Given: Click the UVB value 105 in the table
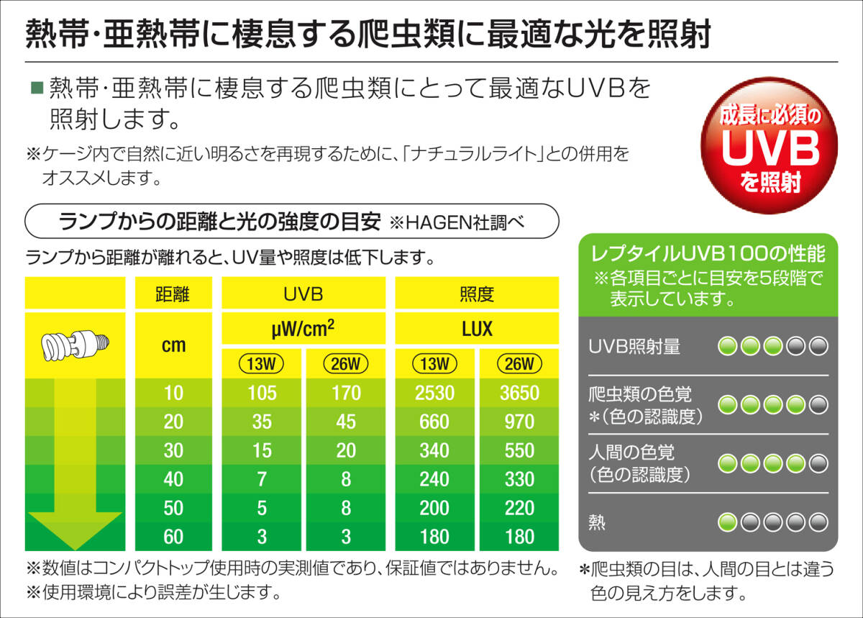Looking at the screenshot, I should (x=262, y=394).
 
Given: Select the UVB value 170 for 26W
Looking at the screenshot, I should (x=346, y=394).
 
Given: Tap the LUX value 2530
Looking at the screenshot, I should (x=434, y=394).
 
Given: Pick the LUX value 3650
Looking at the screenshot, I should (x=519, y=394).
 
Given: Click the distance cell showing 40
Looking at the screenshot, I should (x=173, y=480).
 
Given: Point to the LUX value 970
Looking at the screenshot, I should (x=519, y=422).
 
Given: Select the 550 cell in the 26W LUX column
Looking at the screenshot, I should (x=519, y=451).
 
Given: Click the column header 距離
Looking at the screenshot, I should (x=173, y=294).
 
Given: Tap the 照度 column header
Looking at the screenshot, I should (x=476, y=294).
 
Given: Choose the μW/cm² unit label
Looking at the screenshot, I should (x=303, y=330).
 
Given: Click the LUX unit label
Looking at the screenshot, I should (x=476, y=330).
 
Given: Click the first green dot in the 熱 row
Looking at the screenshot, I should (x=728, y=522).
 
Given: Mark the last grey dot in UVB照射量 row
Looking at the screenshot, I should (x=818, y=347).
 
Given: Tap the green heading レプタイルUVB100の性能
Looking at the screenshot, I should (x=708, y=255).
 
